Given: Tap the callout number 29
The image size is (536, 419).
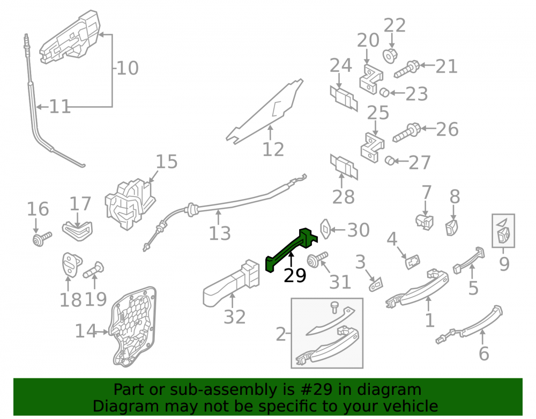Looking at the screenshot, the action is [295, 275].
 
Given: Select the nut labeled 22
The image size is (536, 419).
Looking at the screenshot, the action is [390, 56].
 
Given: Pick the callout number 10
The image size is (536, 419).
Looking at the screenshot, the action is [127, 68].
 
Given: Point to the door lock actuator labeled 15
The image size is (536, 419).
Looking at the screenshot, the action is [130, 204].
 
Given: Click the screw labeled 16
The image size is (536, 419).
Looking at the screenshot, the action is [42, 239].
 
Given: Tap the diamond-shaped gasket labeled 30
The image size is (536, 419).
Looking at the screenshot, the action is [325, 229].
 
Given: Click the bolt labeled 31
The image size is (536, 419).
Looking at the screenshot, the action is [317, 260].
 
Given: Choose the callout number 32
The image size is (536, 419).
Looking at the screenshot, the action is [235, 317].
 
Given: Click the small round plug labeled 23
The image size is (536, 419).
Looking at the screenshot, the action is [384, 92].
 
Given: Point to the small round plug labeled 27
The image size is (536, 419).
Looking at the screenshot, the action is [390, 160].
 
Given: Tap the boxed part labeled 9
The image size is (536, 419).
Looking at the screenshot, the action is [503, 231].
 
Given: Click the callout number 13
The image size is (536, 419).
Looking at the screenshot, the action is [220, 233].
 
